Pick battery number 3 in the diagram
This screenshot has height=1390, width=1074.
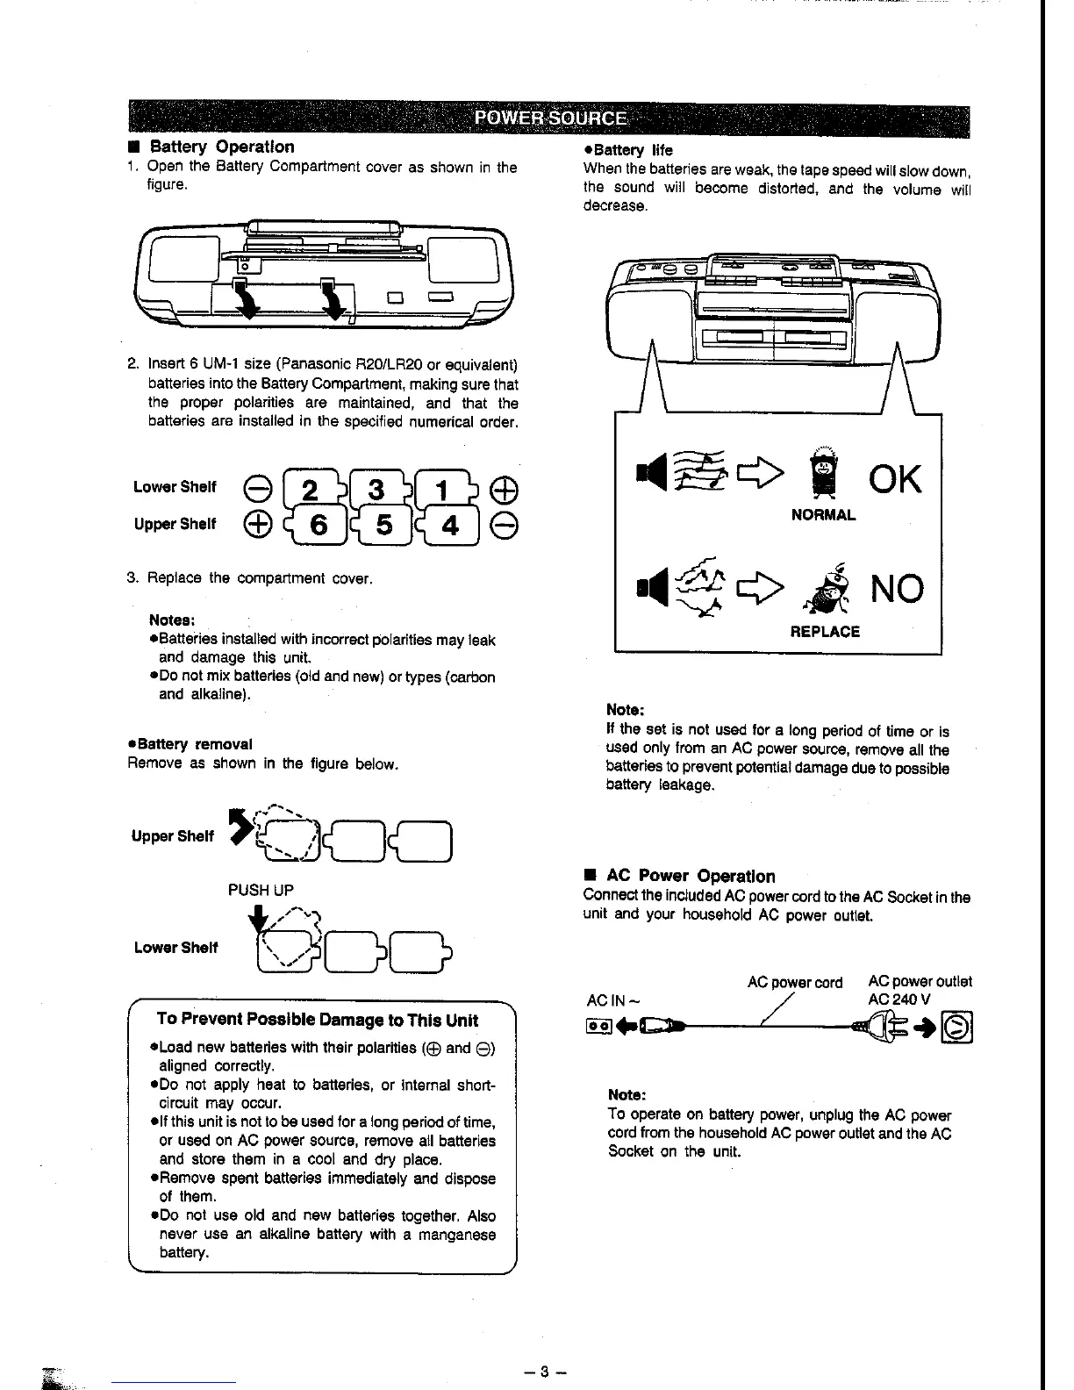(x=376, y=488)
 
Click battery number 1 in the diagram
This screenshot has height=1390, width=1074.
(x=449, y=488)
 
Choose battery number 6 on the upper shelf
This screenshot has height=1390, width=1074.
(x=318, y=525)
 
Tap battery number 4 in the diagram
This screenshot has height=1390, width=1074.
(x=451, y=525)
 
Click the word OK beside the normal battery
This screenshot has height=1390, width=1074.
(x=894, y=480)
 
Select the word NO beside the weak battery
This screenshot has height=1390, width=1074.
(x=896, y=588)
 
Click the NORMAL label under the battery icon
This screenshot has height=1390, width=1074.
(x=823, y=516)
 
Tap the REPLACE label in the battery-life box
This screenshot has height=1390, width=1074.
(x=825, y=632)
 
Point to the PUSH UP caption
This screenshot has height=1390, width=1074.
(x=261, y=890)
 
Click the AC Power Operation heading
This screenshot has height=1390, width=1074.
(x=691, y=876)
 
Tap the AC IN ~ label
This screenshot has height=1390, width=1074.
(x=612, y=1000)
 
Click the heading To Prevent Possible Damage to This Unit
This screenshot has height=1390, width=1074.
(x=317, y=1020)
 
